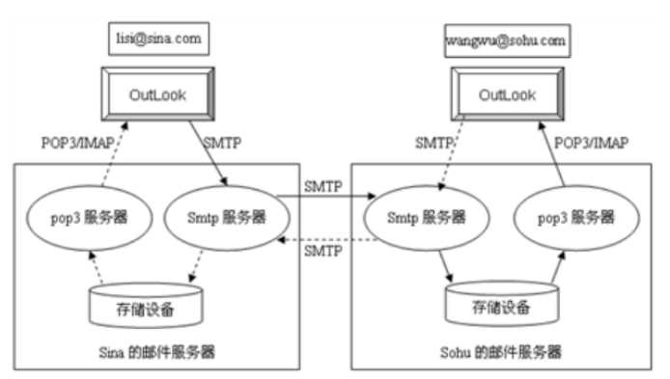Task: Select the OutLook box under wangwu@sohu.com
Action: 507,97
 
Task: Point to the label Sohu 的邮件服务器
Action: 509,349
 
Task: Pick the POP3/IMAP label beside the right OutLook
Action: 592,142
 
